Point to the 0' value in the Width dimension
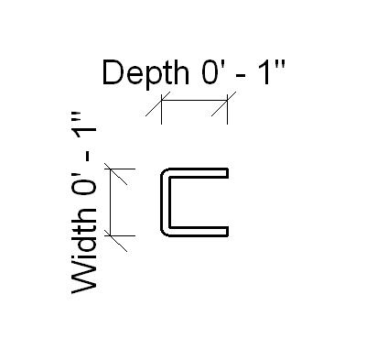pos(84,200)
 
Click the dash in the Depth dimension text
pos(240,74)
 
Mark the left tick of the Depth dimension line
pos(161,110)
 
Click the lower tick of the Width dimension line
pos(112,235)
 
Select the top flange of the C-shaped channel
pos(197,171)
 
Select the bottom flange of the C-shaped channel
pos(197,232)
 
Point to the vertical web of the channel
pos(164,202)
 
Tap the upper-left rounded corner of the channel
pos(167,174)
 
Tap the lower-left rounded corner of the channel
pos(167,230)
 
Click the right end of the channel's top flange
pos(225,171)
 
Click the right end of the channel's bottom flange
pos(225,232)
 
